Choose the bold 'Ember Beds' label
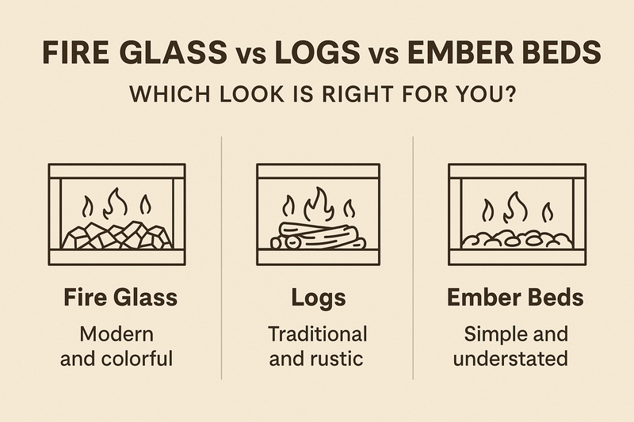pos(516,298)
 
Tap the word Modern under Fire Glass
pos(116,333)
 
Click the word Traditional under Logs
pos(317,333)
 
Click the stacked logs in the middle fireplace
pos(317,236)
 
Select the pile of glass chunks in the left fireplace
pos(117,234)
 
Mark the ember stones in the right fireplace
pos(515,238)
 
